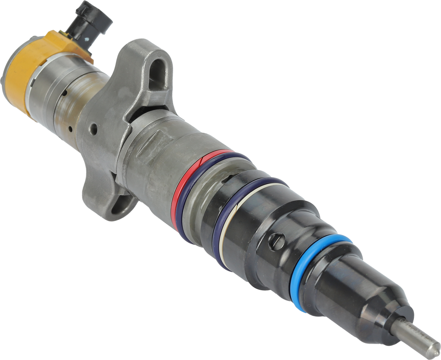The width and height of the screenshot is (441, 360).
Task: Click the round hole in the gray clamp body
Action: [93, 128]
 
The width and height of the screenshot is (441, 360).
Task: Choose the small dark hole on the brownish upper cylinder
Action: [64, 94]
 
